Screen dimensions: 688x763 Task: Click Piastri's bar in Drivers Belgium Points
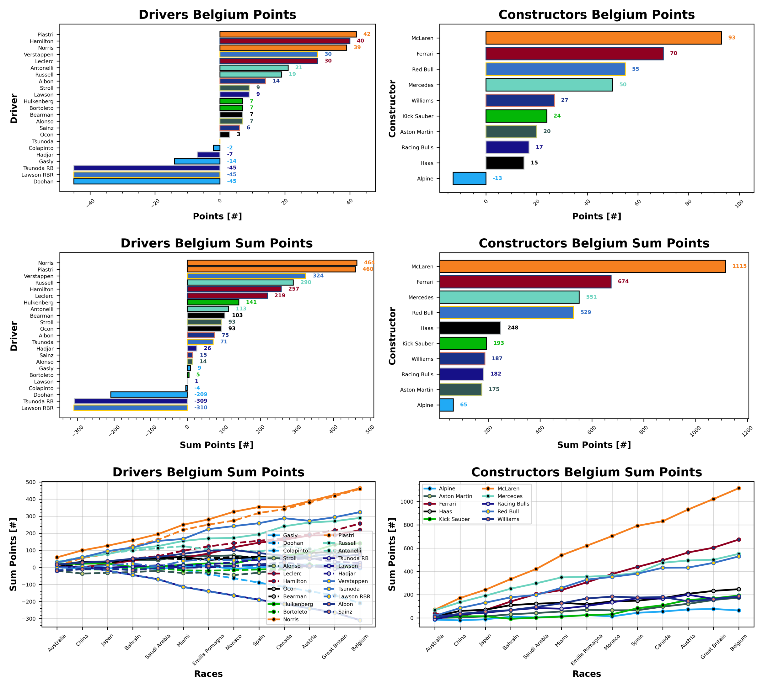click(x=287, y=34)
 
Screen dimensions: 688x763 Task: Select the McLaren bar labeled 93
click(x=603, y=38)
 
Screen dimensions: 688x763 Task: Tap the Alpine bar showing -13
click(x=469, y=178)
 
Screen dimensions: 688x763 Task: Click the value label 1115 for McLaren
click(x=739, y=266)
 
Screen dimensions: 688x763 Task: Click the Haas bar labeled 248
click(x=470, y=328)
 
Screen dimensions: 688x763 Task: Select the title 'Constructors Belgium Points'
click(x=596, y=15)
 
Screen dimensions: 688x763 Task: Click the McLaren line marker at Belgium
click(x=739, y=488)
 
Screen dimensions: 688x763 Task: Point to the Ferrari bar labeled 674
click(x=525, y=282)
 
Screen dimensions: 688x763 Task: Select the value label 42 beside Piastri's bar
click(x=367, y=34)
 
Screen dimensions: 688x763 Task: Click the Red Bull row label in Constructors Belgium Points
click(x=422, y=70)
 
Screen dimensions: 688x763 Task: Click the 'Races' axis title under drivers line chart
click(x=208, y=674)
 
